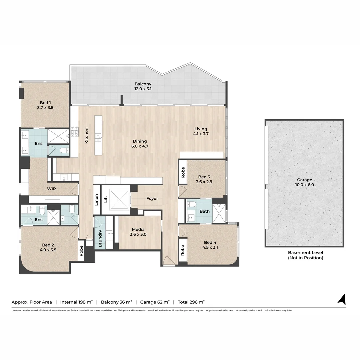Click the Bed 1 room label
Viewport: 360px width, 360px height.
pyautogui.click(x=45, y=105)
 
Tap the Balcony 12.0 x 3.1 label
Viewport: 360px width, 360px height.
pyautogui.click(x=143, y=86)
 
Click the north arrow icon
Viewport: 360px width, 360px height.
pyautogui.click(x=342, y=299)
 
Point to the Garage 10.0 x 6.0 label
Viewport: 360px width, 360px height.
pyautogui.click(x=305, y=182)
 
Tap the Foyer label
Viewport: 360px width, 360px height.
pyautogui.click(x=152, y=199)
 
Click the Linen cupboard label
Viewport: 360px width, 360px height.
pyautogui.click(x=97, y=200)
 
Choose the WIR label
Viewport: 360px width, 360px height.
pyautogui.click(x=51, y=188)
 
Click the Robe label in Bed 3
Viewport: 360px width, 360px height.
pyautogui.click(x=183, y=172)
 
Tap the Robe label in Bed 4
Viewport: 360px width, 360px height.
pyautogui.click(x=183, y=250)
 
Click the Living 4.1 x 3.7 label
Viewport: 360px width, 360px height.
pyautogui.click(x=201, y=131)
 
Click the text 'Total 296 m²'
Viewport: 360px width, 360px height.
pyautogui.click(x=191, y=302)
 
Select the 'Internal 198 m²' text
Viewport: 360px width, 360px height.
pyautogui.click(x=76, y=302)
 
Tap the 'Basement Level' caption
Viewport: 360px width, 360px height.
pyautogui.click(x=305, y=252)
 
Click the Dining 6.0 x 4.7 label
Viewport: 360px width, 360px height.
pyautogui.click(x=139, y=143)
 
